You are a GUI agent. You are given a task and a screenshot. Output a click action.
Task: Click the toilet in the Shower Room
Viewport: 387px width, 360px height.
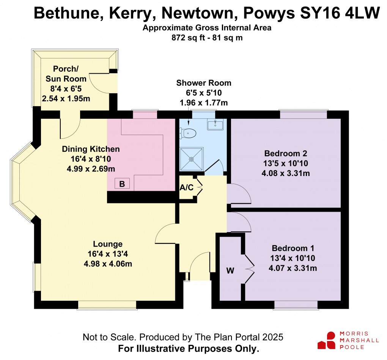pyautogui.click(x=189, y=133)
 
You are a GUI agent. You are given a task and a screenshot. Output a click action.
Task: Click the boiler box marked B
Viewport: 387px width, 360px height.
pyautogui.click(x=122, y=184)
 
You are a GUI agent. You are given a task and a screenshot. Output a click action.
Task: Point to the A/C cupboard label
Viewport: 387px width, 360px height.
pyautogui.click(x=186, y=187)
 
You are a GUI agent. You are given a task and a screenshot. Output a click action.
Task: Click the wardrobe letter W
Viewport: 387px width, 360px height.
pyautogui.click(x=230, y=271)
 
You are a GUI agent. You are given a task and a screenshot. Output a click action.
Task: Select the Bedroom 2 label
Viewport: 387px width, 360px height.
pyautogui.click(x=285, y=154)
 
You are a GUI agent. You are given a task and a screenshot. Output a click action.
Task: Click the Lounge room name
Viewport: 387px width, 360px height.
pyautogui.click(x=108, y=244)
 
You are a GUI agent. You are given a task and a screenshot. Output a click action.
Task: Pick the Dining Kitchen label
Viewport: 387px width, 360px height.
pyautogui.click(x=91, y=149)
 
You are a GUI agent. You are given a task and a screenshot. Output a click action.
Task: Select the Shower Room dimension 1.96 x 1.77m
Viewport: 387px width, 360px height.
pyautogui.click(x=203, y=102)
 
